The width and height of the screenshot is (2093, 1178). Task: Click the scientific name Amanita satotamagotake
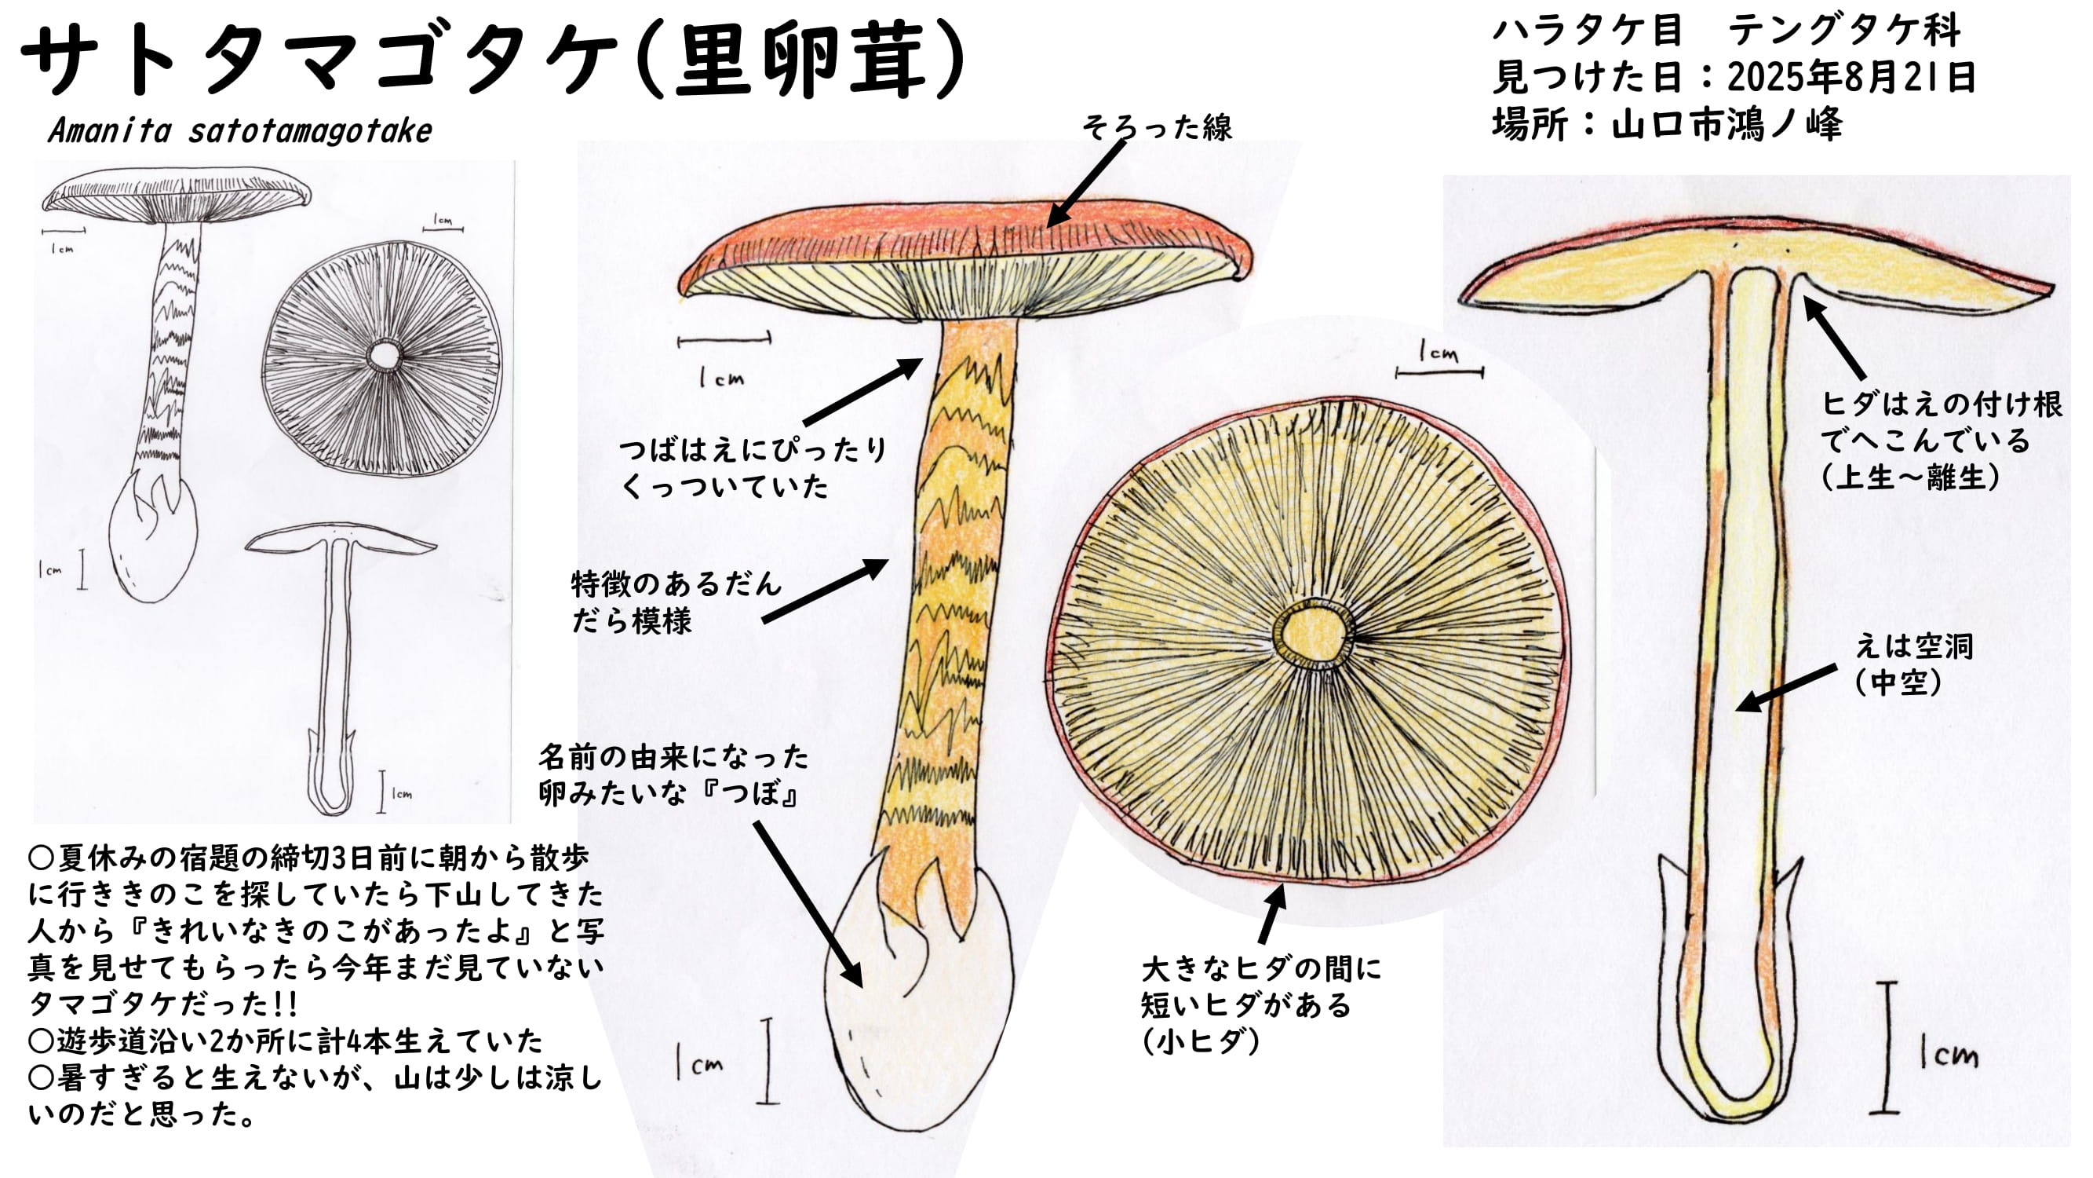239,131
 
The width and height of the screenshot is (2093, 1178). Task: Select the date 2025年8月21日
1851,77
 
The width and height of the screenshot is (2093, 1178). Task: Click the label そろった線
1156,126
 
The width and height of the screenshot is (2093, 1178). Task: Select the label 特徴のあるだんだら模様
674,602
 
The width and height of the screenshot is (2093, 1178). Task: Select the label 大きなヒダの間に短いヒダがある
1260,1005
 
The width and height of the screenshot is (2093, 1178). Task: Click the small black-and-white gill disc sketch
382,357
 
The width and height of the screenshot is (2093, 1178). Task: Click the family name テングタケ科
1843,31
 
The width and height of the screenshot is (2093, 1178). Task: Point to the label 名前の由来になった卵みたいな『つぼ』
673,776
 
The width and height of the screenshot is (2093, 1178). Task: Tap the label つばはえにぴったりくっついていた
752,467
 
